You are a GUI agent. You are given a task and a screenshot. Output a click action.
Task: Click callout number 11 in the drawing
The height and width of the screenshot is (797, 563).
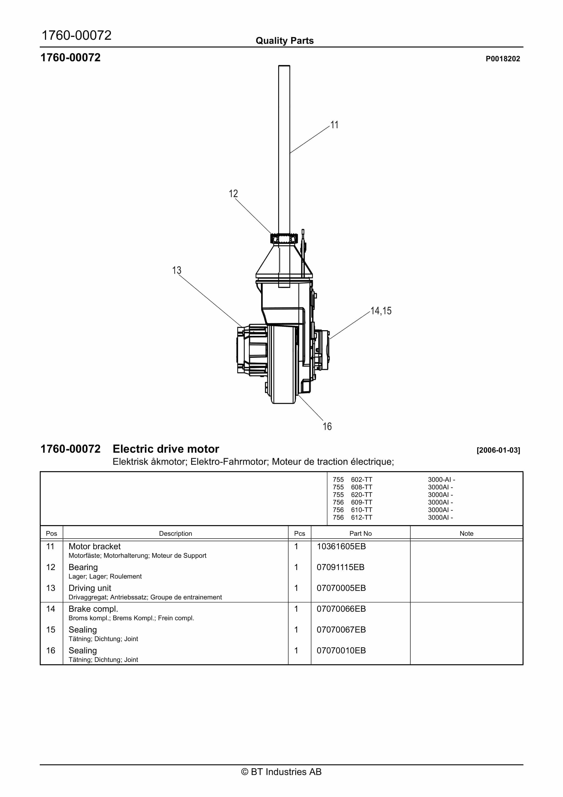[x=334, y=125]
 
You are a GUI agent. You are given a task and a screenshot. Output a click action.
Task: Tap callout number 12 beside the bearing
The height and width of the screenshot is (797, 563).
[x=233, y=194]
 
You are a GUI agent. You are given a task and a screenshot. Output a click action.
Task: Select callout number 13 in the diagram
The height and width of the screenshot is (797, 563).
[x=177, y=270]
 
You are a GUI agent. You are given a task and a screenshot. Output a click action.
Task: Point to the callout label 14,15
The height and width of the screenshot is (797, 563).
[x=381, y=311]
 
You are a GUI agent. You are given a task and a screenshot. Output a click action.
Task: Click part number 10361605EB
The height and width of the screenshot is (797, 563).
[x=341, y=546]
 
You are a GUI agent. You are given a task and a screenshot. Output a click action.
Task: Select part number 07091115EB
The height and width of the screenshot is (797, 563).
[x=340, y=567]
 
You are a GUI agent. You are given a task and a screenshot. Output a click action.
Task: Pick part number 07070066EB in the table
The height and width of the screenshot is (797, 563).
[x=341, y=609]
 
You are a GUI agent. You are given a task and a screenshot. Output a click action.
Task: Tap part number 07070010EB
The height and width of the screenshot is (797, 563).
[x=341, y=651]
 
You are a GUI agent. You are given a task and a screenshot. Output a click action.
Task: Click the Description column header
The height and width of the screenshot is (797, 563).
[x=175, y=534]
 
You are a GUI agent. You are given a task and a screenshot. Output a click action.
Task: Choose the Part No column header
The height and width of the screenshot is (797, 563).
[x=360, y=534]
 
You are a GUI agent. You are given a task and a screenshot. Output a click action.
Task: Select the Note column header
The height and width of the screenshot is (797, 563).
[x=466, y=534]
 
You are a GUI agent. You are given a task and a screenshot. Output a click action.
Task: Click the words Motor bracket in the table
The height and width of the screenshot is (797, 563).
[x=94, y=546]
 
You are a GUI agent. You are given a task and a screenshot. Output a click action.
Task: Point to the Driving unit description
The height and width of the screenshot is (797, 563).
[x=90, y=588]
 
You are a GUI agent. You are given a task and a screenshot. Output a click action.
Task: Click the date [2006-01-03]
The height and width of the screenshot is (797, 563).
[x=498, y=450]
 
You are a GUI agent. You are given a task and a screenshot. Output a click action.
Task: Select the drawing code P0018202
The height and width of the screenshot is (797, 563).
[x=503, y=59]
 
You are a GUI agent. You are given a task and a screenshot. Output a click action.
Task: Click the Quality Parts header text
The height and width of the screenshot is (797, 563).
[x=285, y=41]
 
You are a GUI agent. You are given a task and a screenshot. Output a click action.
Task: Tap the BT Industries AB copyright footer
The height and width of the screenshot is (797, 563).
[x=281, y=772]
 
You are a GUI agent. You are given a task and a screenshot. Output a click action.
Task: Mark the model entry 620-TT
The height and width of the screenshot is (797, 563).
[x=361, y=495]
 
